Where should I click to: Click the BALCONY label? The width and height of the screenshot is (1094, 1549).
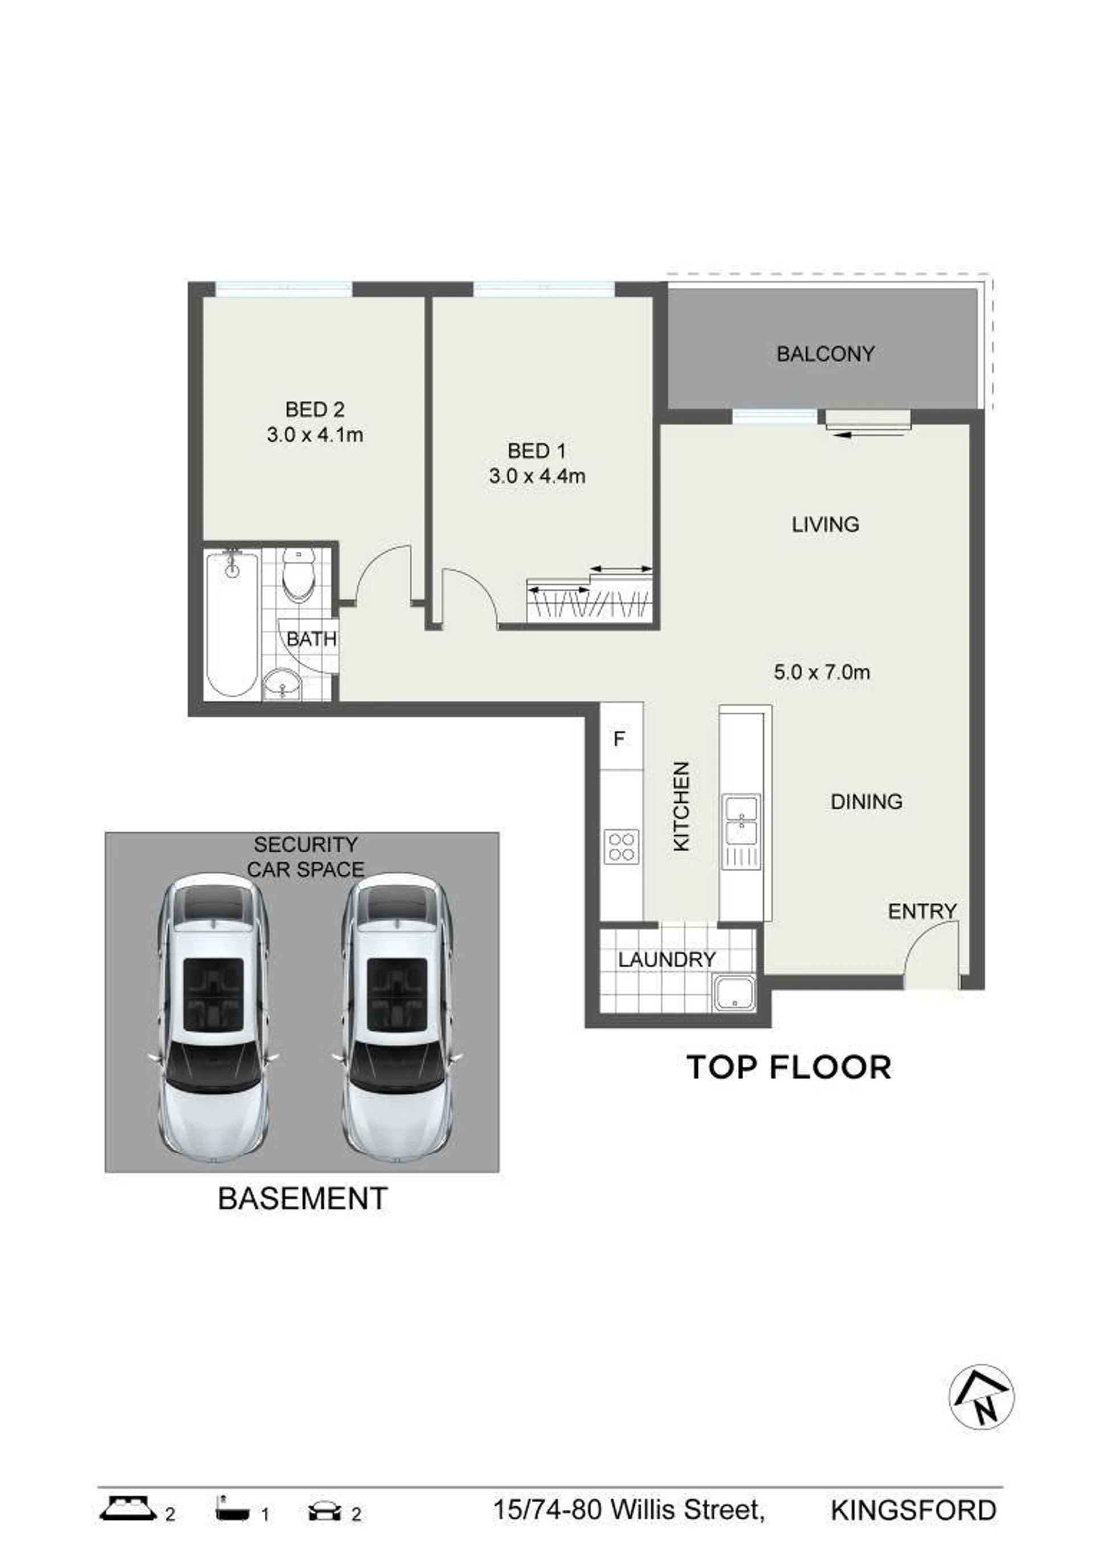pos(825,353)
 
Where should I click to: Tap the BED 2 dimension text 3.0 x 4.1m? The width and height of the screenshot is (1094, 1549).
pos(315,435)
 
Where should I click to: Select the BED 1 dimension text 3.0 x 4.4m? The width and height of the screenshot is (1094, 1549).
pos(537,476)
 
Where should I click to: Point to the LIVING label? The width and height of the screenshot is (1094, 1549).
pos(825,524)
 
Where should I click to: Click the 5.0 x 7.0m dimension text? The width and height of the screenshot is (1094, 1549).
pos(822,672)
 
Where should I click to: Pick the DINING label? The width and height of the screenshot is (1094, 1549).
pos(866,802)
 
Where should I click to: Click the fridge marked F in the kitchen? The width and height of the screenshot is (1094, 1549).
pos(621,738)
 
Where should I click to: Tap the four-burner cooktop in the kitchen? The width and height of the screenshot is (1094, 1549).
pos(621,846)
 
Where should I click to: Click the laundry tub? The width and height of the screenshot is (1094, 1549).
pos(734,994)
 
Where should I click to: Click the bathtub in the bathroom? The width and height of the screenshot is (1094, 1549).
pos(231,625)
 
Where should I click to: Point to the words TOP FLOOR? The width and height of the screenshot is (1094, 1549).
pos(789,1068)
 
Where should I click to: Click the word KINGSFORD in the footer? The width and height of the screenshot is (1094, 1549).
pos(913,1510)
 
